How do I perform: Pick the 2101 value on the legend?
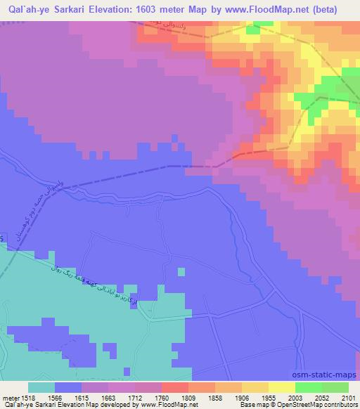pyautogui.click(x=349, y=397)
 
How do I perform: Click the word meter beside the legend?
pyautogui.click(x=8, y=397)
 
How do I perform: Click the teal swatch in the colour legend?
pyautogui.click(x=41, y=387)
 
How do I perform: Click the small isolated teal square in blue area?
pyautogui.click(x=182, y=271)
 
